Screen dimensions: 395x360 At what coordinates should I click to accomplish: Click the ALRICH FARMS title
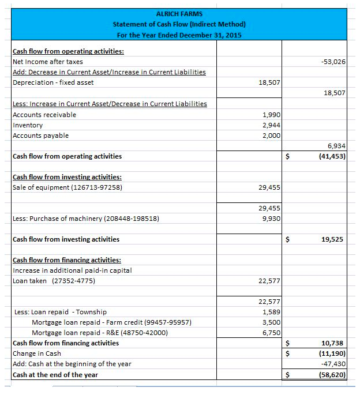click(x=179, y=13)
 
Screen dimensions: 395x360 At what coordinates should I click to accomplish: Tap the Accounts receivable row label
click(x=44, y=115)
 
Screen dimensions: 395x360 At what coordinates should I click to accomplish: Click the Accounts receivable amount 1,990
click(x=271, y=115)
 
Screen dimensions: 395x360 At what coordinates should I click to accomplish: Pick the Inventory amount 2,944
click(x=271, y=125)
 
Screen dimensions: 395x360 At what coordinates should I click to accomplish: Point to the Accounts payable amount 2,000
click(x=271, y=136)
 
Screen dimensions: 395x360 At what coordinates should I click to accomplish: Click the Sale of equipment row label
click(x=67, y=187)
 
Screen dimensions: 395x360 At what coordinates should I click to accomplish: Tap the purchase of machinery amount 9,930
click(x=271, y=219)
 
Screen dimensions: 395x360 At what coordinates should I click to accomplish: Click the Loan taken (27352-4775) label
click(x=54, y=281)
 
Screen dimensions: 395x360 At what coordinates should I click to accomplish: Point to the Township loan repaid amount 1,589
click(x=271, y=312)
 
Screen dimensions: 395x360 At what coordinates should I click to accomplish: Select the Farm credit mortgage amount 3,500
click(x=271, y=322)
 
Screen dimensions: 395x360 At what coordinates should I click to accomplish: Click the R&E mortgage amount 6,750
click(x=271, y=333)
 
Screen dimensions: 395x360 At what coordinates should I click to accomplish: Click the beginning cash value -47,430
click(x=334, y=364)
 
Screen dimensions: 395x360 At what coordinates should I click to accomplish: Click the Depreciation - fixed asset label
click(x=53, y=82)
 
